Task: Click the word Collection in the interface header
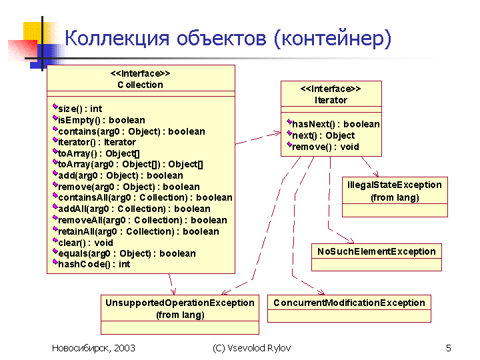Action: (140, 85)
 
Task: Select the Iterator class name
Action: (331, 100)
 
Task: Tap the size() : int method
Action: (80, 109)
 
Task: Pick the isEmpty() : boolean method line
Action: (101, 120)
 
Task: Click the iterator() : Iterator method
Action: (97, 143)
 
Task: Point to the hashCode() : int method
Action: (94, 264)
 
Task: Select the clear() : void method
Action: (85, 243)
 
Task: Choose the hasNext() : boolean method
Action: (336, 124)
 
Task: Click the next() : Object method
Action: (323, 135)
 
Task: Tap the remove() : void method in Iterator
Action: (325, 147)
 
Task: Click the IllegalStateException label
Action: (395, 185)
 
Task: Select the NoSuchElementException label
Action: (377, 251)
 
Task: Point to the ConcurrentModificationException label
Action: (349, 303)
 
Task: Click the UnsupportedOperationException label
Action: (180, 303)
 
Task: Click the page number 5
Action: (449, 348)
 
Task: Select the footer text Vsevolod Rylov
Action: (259, 348)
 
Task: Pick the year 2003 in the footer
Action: (125, 348)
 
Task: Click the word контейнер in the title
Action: (333, 39)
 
